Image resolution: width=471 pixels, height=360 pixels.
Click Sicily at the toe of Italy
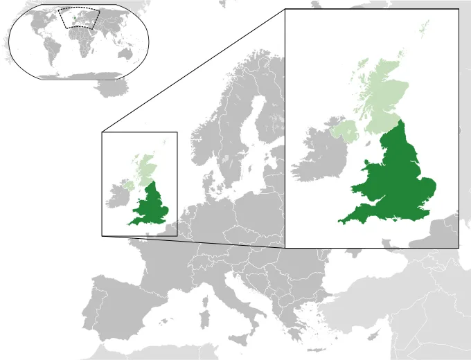[239, 341]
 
